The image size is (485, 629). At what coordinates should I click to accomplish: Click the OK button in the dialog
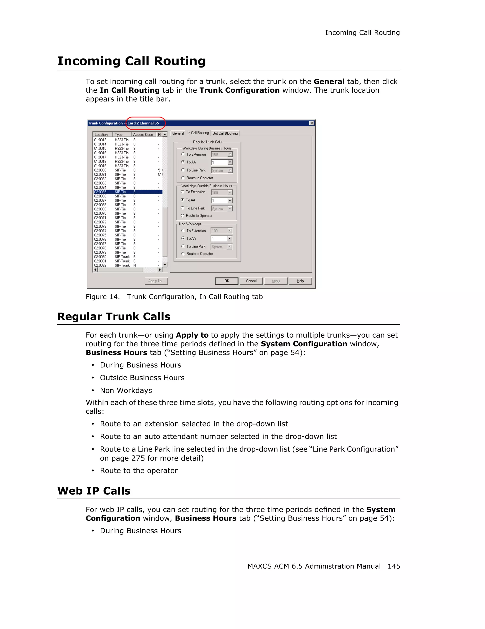[227, 281]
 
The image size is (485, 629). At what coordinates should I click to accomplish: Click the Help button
[300, 281]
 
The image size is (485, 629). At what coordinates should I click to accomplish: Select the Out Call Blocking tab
[225, 133]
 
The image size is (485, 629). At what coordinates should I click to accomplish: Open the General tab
[178, 133]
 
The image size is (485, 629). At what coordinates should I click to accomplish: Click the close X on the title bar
[311, 123]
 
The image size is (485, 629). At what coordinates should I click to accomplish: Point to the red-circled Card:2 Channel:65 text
[143, 123]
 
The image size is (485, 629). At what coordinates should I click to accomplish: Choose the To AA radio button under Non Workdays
[183, 238]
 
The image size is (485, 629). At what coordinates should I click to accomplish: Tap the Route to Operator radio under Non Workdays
[183, 254]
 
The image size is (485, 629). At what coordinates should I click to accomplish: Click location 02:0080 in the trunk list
[100, 257]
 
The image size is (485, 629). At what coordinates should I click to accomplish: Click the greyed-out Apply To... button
[156, 281]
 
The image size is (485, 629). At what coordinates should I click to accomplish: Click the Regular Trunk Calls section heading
[114, 317]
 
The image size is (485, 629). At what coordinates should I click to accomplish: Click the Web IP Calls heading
[94, 491]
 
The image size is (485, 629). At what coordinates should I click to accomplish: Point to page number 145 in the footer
[393, 566]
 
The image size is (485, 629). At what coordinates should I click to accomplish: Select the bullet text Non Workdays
[126, 390]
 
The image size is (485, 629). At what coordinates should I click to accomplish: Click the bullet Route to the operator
[139, 470]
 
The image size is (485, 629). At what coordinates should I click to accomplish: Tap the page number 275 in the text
[138, 458]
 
